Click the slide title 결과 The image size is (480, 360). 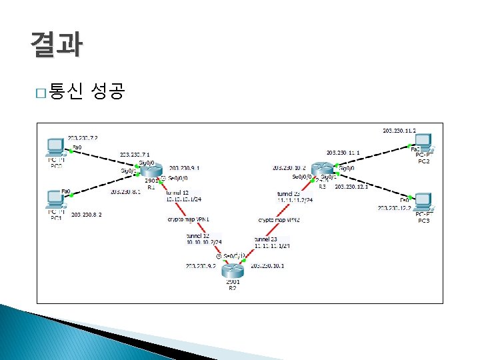(x=56, y=44)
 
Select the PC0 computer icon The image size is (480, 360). (x=55, y=147)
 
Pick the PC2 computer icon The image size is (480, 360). (x=423, y=142)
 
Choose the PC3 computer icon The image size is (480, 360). (x=423, y=201)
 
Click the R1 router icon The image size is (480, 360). (x=151, y=171)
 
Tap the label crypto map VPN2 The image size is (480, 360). (x=279, y=219)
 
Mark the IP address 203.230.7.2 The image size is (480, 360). (x=82, y=137)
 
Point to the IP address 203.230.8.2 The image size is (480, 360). (x=87, y=215)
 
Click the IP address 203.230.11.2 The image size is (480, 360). (x=399, y=131)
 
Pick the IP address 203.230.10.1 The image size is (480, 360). (x=267, y=265)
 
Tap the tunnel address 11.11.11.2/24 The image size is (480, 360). (x=295, y=200)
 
